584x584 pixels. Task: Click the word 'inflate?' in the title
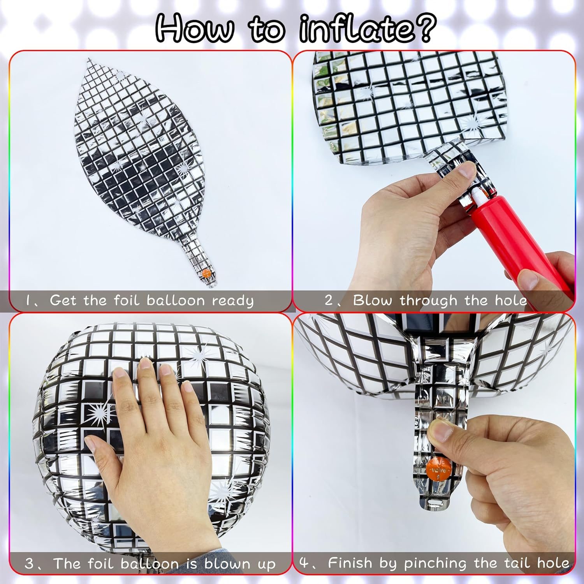click(x=366, y=30)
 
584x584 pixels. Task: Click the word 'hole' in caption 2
click(x=510, y=301)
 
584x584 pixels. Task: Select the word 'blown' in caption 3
click(x=227, y=563)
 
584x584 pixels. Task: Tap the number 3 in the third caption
click(x=29, y=564)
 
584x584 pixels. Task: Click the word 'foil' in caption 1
click(x=126, y=300)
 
